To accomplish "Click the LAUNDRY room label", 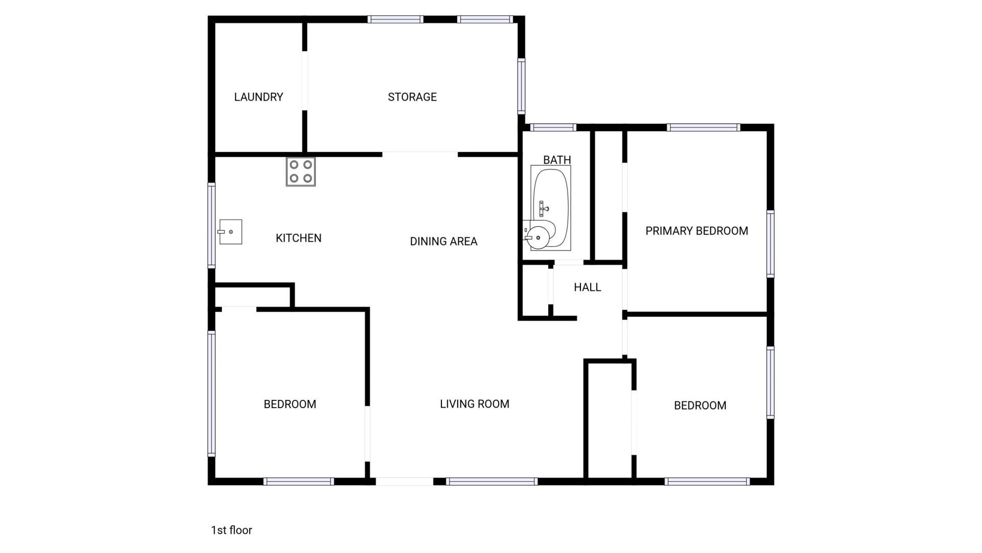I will tap(258, 97).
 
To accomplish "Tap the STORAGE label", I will tap(412, 97).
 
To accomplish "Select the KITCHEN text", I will tap(298, 238).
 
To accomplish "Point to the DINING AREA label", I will tap(443, 241).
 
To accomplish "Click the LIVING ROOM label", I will tap(474, 404).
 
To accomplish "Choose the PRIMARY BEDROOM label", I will tap(697, 231).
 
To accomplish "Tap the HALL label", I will tap(587, 287).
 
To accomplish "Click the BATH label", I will tap(557, 160).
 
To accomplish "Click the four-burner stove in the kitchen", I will tap(301, 172).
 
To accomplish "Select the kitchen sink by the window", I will tap(230, 232).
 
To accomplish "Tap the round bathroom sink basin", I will tap(539, 237).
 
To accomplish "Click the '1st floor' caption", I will tap(232, 530).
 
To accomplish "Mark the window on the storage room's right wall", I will tap(521, 86).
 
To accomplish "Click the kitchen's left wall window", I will tap(211, 225).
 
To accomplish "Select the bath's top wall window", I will tap(553, 127).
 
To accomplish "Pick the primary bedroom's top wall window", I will tap(703, 127).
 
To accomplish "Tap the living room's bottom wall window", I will tap(492, 481).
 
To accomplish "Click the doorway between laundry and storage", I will tap(305, 80).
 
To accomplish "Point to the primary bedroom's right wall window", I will tap(770, 244).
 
